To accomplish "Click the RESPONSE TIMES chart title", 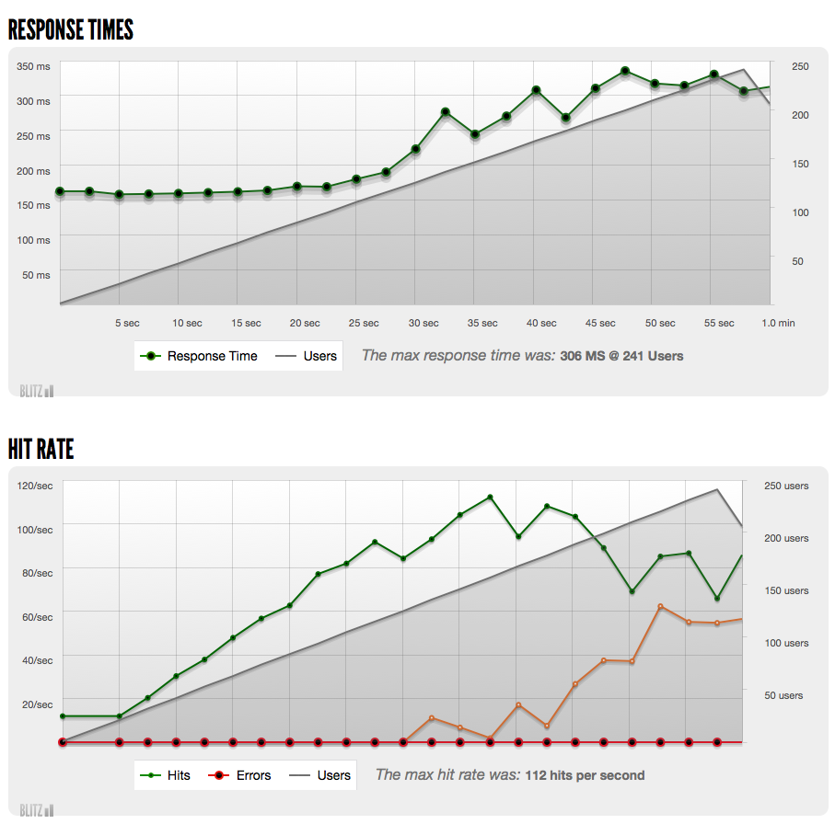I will [71, 29].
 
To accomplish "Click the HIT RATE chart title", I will [41, 449].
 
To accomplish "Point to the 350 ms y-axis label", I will [33, 66].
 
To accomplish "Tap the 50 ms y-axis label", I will [37, 274].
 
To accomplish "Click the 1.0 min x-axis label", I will [778, 323].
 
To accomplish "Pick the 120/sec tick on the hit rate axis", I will [35, 486].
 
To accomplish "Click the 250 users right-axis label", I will [786, 486].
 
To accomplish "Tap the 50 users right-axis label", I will [783, 695].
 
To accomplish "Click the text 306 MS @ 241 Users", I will [621, 356].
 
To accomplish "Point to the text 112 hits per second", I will [585, 775].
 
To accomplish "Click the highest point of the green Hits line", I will [490, 498].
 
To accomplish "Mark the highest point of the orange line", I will [660, 607].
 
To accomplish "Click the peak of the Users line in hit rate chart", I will [717, 490].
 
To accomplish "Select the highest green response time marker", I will [624, 71].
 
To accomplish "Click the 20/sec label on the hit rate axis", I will [37, 704].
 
